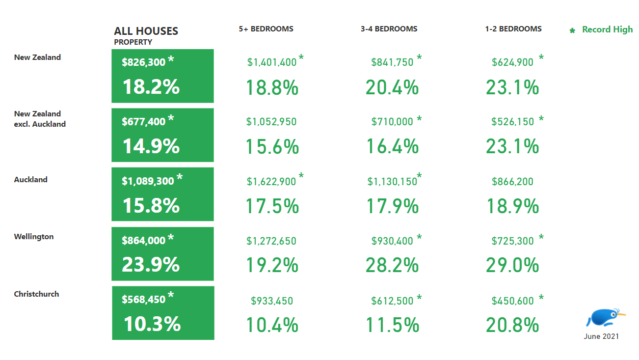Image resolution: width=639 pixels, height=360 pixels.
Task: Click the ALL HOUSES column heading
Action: (146, 31)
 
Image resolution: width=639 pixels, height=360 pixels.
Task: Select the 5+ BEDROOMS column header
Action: (266, 29)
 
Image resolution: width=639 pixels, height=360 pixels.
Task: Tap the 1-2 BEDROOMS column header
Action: (513, 29)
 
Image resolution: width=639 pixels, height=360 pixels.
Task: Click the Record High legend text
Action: (607, 29)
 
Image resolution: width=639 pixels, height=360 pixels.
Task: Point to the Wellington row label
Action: (34, 237)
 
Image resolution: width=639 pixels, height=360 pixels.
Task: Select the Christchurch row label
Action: (36, 294)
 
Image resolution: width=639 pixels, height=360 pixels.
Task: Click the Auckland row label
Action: (31, 180)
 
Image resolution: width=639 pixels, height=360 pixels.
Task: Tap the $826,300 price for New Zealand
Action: (144, 62)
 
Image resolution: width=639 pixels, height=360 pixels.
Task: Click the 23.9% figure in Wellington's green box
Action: (151, 265)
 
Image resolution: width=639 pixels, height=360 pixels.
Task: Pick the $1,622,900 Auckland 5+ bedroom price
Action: (271, 182)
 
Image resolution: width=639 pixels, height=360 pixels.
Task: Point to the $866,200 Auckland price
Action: (512, 182)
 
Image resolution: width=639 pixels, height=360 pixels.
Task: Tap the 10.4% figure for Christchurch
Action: (272, 325)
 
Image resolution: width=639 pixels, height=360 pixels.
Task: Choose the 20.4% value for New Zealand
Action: (392, 88)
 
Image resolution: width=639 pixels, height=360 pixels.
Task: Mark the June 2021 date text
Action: (601, 336)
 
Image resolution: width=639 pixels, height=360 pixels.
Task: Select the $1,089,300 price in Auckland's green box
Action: (148, 181)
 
